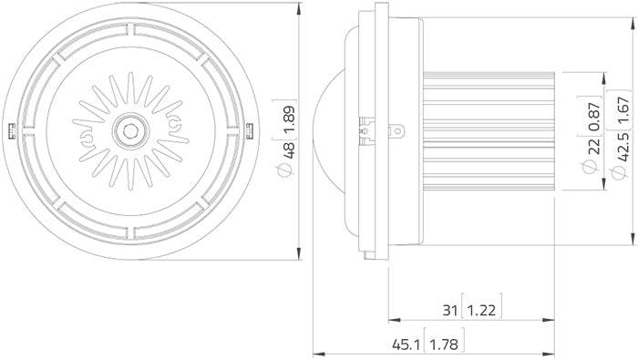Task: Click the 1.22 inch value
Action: tap(482, 310)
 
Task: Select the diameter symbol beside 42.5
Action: tap(623, 171)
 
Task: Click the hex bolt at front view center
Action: tap(130, 130)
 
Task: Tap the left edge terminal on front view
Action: tap(9, 130)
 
